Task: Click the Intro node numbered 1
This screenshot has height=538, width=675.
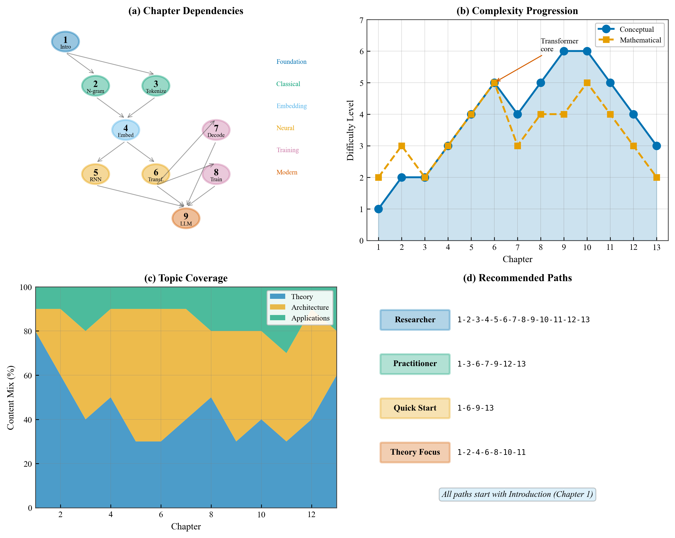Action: [65, 41]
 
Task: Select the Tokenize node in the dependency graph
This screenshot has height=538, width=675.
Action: [156, 86]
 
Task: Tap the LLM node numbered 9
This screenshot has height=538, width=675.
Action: [186, 218]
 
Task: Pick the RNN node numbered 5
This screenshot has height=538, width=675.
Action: [95, 174]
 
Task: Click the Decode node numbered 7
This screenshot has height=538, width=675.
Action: [216, 130]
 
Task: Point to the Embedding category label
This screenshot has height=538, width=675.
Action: [291, 106]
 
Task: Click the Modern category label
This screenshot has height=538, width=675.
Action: [287, 172]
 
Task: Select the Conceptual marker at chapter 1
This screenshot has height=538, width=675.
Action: [378, 209]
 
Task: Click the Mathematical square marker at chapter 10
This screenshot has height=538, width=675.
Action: [587, 83]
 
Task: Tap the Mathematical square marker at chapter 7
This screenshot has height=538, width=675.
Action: [517, 146]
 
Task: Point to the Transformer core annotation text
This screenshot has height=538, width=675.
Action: [559, 45]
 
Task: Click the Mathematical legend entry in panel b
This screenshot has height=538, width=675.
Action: [640, 40]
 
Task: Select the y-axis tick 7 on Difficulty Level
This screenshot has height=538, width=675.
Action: [361, 21]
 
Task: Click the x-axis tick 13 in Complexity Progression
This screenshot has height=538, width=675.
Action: [657, 247]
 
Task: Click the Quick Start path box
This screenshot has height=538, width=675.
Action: [415, 408]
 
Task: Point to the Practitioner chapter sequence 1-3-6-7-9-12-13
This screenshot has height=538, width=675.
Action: [491, 364]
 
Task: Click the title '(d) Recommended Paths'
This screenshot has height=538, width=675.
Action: [517, 278]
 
